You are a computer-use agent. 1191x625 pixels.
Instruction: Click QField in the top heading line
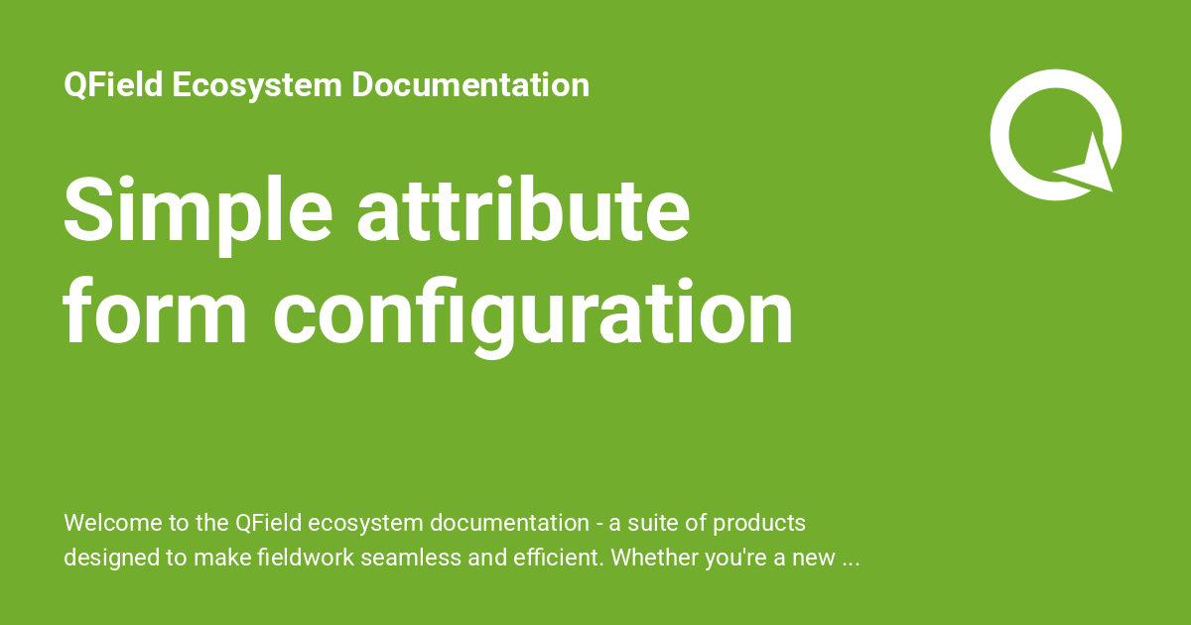pyautogui.click(x=113, y=85)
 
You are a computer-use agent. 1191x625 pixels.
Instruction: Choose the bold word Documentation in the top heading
pyautogui.click(x=470, y=85)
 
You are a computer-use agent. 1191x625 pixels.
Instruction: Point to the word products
pyautogui.click(x=758, y=523)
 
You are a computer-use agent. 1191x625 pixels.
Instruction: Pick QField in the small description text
pyautogui.click(x=270, y=523)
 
